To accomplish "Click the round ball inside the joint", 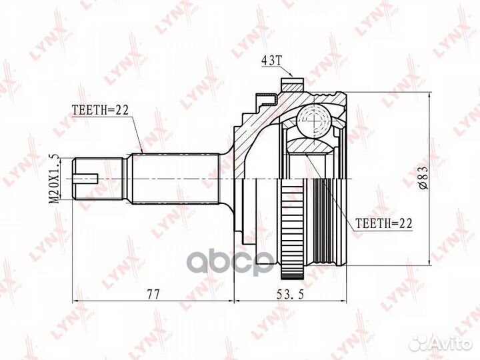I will pos(314,122).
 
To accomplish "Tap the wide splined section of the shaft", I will pos(176,179).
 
